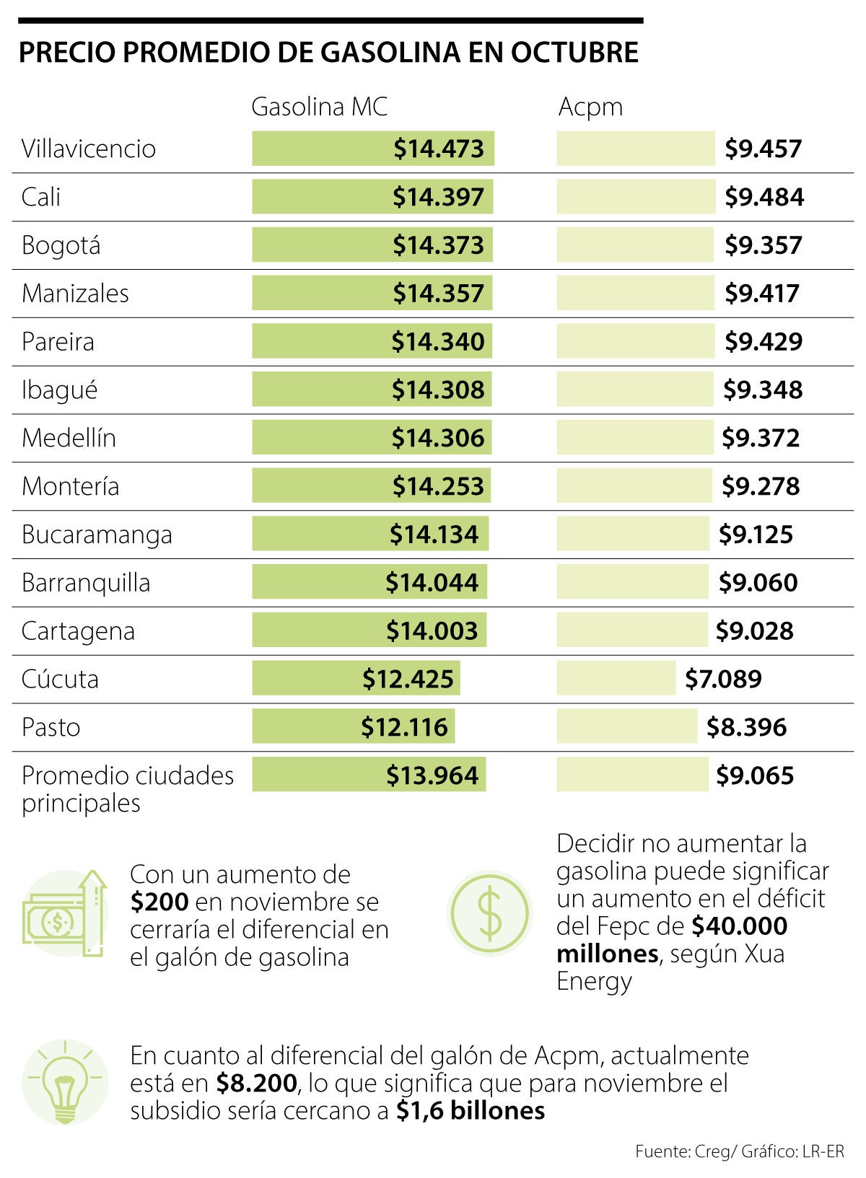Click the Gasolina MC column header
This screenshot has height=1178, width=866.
point(319,107)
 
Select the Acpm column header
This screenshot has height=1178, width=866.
point(590,107)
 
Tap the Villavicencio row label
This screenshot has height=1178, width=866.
point(89,149)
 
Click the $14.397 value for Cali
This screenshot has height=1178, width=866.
point(438,197)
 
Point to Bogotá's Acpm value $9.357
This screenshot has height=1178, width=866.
point(763,245)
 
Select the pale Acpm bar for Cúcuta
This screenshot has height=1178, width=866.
point(616,679)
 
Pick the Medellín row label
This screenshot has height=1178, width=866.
point(69,438)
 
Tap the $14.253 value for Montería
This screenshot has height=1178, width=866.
point(438,486)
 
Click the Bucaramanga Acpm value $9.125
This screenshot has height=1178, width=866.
point(756,535)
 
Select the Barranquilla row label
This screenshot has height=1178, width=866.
point(86,583)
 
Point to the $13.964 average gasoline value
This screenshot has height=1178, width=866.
point(432,775)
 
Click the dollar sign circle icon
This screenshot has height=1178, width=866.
point(490,913)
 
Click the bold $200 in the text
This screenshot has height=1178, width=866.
point(159,902)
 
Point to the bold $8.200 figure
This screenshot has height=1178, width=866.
point(256,1084)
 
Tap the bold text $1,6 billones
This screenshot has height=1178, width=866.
point(471,1111)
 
